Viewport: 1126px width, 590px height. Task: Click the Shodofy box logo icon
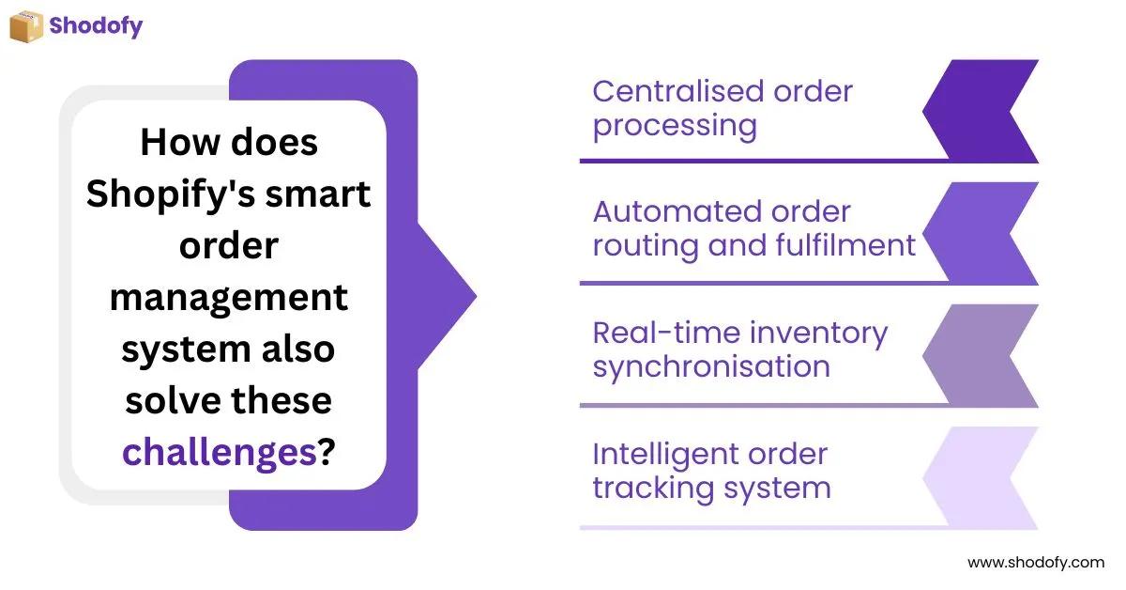26,25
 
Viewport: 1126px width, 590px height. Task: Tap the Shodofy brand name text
96,25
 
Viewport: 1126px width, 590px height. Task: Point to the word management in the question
229,298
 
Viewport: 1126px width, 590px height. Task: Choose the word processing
675,125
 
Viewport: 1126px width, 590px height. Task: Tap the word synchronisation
711,366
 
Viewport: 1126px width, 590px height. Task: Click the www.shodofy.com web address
1036,563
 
